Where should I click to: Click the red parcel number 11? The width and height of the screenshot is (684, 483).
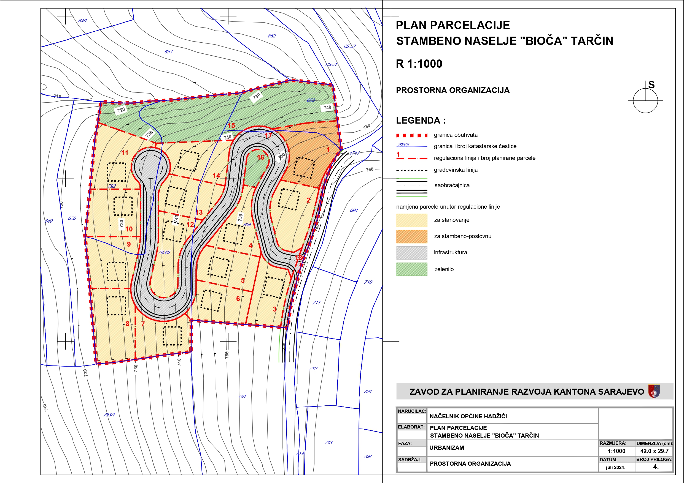click(125, 153)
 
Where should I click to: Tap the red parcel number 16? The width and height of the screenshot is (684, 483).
click(261, 157)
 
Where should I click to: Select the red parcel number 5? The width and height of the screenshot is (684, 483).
click(243, 280)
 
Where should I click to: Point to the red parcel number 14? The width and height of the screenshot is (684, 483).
click(216, 176)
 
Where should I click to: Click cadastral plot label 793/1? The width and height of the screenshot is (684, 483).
click(109, 414)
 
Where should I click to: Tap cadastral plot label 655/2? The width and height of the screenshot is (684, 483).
click(349, 46)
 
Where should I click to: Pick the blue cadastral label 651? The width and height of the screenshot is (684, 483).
click(168, 52)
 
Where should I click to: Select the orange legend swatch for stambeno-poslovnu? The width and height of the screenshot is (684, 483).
click(411, 237)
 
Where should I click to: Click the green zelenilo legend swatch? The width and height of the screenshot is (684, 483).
click(411, 269)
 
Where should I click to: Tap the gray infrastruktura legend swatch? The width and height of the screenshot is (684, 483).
click(411, 253)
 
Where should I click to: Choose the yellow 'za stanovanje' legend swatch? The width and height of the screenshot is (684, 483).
click(411, 220)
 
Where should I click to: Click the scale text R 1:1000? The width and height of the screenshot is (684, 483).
click(419, 64)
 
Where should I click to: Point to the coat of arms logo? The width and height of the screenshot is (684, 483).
click(654, 391)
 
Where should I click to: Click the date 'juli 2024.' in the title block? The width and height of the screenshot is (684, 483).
click(615, 467)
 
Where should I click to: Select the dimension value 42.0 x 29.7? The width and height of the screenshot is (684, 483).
click(654, 451)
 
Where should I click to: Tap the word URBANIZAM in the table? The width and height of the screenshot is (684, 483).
click(446, 447)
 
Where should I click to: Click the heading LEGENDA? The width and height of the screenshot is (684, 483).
click(420, 121)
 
